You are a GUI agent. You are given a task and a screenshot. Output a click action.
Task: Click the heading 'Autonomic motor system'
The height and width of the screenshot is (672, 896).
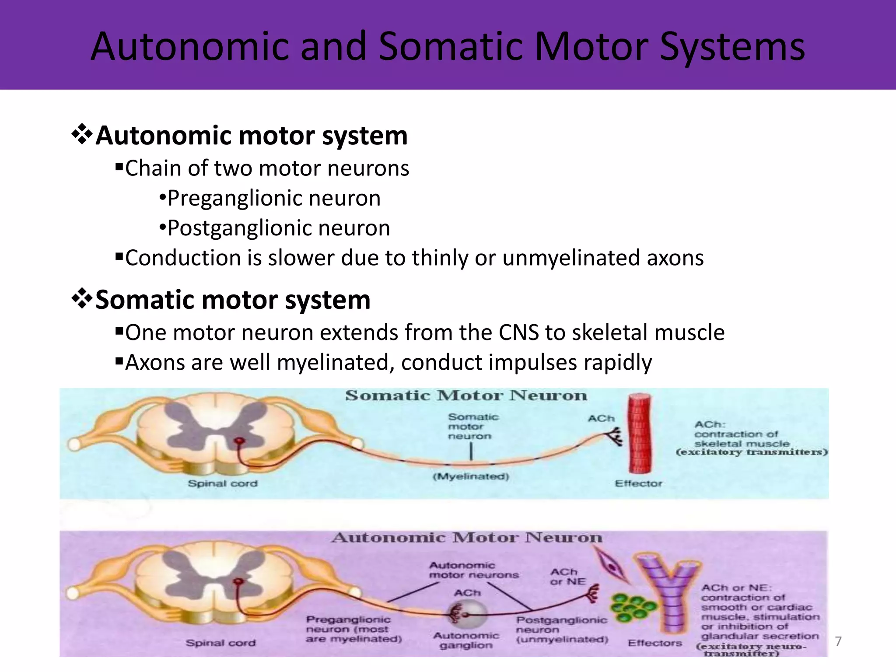[251, 136]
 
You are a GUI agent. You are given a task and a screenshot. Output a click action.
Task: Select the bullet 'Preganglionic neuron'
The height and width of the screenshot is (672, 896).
[274, 198]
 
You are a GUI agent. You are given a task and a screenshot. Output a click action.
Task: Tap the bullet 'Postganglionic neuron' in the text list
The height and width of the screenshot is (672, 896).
[279, 228]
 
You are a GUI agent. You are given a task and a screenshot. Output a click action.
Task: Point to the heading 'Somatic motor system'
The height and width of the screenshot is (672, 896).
[233, 300]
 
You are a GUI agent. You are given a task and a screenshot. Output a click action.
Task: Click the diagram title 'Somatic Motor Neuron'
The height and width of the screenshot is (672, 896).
[466, 395]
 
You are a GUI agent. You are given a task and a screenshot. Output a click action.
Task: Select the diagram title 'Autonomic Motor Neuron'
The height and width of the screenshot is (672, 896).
[466, 537]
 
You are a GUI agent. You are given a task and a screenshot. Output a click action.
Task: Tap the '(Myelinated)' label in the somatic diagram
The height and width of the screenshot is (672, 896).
[471, 476]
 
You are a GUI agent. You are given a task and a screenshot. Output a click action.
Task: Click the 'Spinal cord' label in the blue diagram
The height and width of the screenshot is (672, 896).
[223, 483]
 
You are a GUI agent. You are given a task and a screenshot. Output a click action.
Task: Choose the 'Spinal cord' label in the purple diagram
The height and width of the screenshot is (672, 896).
[220, 643]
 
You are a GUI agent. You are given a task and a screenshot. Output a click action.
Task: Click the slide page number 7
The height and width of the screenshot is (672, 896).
[838, 641]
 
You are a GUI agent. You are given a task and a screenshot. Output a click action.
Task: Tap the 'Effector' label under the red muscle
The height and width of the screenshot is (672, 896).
[638, 483]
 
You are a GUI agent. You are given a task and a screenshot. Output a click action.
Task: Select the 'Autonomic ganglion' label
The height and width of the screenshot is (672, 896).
[466, 640]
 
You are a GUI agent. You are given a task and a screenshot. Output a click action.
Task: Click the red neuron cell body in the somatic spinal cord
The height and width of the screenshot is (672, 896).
[239, 441]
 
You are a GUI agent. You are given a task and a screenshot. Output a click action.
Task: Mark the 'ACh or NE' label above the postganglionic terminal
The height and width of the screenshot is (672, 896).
[567, 577]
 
